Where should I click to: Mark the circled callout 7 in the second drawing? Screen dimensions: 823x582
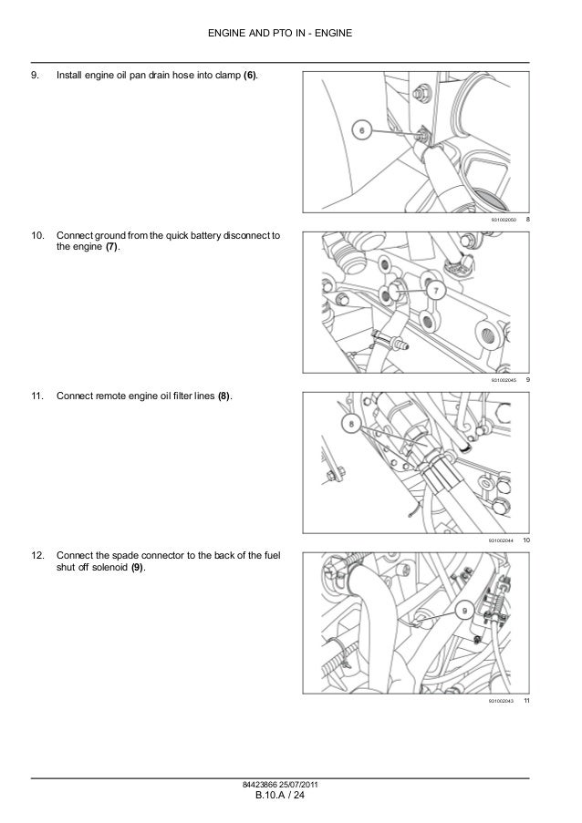click(x=435, y=291)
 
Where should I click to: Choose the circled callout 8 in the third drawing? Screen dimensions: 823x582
click(x=348, y=422)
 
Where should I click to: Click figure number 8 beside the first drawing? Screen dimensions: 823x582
click(x=528, y=221)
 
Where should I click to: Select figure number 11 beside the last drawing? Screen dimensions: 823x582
click(x=527, y=699)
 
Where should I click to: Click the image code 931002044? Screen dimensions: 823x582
click(x=501, y=540)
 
